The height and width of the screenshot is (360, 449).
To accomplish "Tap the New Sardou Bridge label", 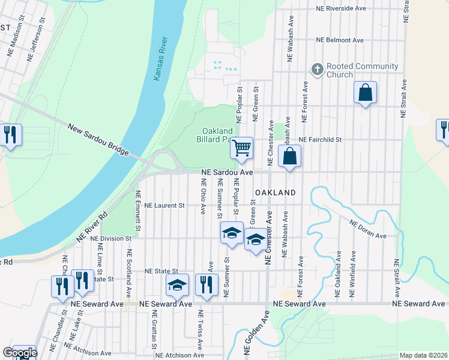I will coord(99,140).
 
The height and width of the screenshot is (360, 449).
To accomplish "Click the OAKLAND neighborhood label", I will coord(276,193).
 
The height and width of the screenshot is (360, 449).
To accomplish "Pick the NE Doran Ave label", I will coord(368,228).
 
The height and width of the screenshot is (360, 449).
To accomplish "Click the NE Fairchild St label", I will coord(320,139).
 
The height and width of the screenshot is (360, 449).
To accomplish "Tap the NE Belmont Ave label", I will coord(340,40).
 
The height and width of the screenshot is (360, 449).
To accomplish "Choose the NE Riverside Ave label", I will coord(340,10).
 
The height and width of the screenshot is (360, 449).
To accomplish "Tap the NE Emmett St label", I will coord(137,211).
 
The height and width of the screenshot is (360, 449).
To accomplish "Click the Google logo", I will coord(20,353).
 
